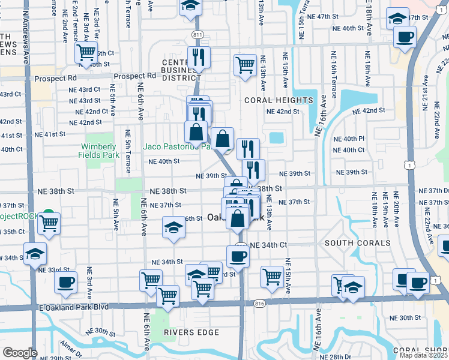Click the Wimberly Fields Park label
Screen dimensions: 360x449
click(97, 151)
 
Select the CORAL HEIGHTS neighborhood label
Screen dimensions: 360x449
click(279, 100)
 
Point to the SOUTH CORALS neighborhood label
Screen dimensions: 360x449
click(349, 243)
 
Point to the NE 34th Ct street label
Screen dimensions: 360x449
click(268, 245)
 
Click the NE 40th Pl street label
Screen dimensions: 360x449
click(349, 139)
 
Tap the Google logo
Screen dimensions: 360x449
click(20, 352)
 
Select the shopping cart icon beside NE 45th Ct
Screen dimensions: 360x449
click(86, 52)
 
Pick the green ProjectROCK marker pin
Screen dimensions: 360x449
click(48, 214)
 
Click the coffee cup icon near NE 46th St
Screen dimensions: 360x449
click(405, 36)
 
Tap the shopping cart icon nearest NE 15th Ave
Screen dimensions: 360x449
click(273, 277)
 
